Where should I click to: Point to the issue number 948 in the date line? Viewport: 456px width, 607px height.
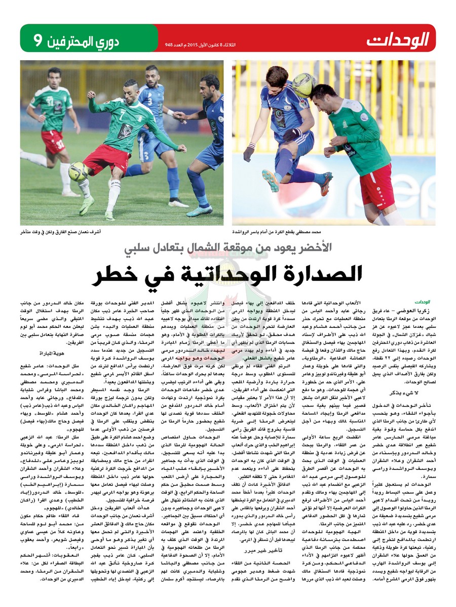click(169, 44)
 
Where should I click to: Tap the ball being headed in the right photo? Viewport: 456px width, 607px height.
click(303, 85)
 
